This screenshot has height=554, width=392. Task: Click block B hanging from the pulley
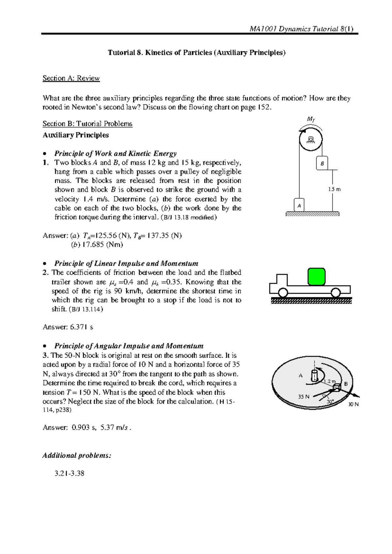(322, 163)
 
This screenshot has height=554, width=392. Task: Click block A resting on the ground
(299, 205)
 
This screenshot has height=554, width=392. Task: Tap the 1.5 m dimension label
(334, 189)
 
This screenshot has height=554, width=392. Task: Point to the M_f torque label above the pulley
(311, 120)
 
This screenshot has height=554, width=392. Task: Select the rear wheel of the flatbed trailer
(335, 292)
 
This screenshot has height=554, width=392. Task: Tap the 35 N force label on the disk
(303, 397)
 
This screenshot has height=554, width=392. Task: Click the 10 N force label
(353, 404)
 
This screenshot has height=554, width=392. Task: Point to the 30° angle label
(330, 401)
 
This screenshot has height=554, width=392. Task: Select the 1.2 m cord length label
(330, 381)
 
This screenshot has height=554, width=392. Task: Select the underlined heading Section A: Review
(71, 78)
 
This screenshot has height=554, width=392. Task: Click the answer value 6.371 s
(82, 327)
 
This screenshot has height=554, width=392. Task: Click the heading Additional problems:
(77, 455)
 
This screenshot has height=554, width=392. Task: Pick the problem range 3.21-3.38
(70, 473)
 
